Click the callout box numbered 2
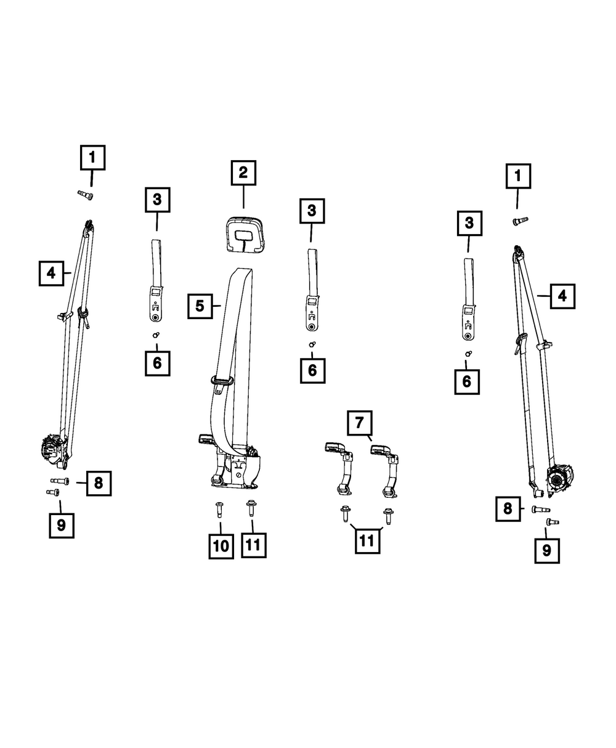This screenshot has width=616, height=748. point(243,173)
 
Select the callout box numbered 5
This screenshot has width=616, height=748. point(200,306)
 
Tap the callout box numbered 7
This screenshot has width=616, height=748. point(360,423)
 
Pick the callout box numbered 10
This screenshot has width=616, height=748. point(221,547)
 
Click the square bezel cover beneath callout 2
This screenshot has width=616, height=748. point(244,234)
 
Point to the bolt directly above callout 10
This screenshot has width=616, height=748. point(219,510)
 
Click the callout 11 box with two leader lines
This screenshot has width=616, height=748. point(367,541)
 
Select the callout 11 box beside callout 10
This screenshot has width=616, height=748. point(254,545)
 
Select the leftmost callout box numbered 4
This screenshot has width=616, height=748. point(51,274)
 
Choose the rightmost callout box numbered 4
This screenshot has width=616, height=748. point(562,296)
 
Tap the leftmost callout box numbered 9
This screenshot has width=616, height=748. point(62,526)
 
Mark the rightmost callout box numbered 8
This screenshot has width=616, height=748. point(508,509)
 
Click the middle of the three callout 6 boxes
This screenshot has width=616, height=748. point(313,371)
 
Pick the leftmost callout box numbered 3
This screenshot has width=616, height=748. point(157,200)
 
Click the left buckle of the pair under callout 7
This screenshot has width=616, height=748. point(339,470)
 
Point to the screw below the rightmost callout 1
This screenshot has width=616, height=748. point(520,221)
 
